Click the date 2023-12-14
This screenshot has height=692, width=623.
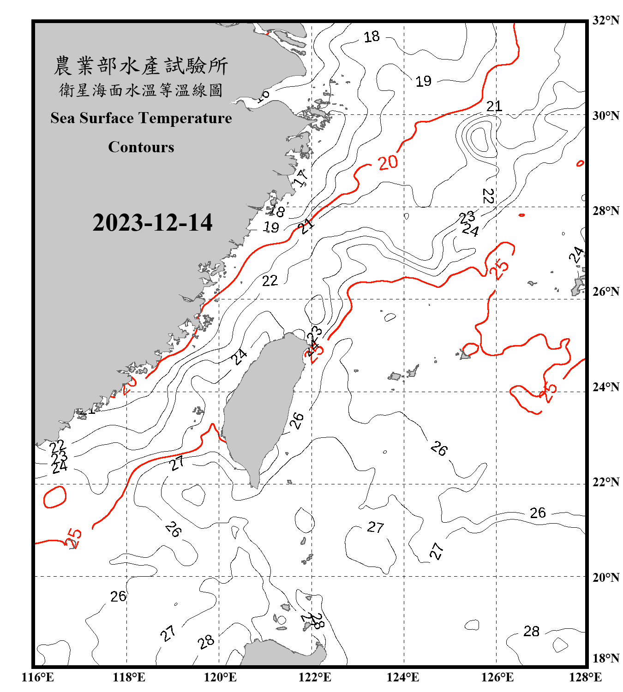[152, 222]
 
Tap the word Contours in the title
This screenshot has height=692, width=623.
[141, 147]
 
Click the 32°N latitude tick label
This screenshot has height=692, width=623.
[605, 20]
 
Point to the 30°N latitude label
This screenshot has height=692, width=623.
[605, 115]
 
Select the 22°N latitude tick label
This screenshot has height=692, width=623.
[605, 482]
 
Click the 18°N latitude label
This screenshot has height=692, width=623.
[605, 658]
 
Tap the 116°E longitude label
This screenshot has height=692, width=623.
[37, 677]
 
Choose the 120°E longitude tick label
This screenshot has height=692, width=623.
[220, 677]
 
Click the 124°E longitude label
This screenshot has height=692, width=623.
[403, 677]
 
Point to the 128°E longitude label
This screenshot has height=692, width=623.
[585, 677]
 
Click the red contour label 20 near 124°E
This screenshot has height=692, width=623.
[388, 162]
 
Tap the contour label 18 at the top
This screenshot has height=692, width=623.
[371, 36]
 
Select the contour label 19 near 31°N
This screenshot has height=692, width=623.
[423, 82]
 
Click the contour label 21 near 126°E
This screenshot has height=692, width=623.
[494, 107]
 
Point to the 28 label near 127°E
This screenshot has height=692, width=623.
[531, 631]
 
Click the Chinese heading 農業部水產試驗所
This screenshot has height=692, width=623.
[141, 66]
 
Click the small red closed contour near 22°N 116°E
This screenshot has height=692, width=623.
[55, 497]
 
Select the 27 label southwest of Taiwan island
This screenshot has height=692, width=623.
[177, 463]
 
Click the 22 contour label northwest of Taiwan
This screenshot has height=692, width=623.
[270, 280]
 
